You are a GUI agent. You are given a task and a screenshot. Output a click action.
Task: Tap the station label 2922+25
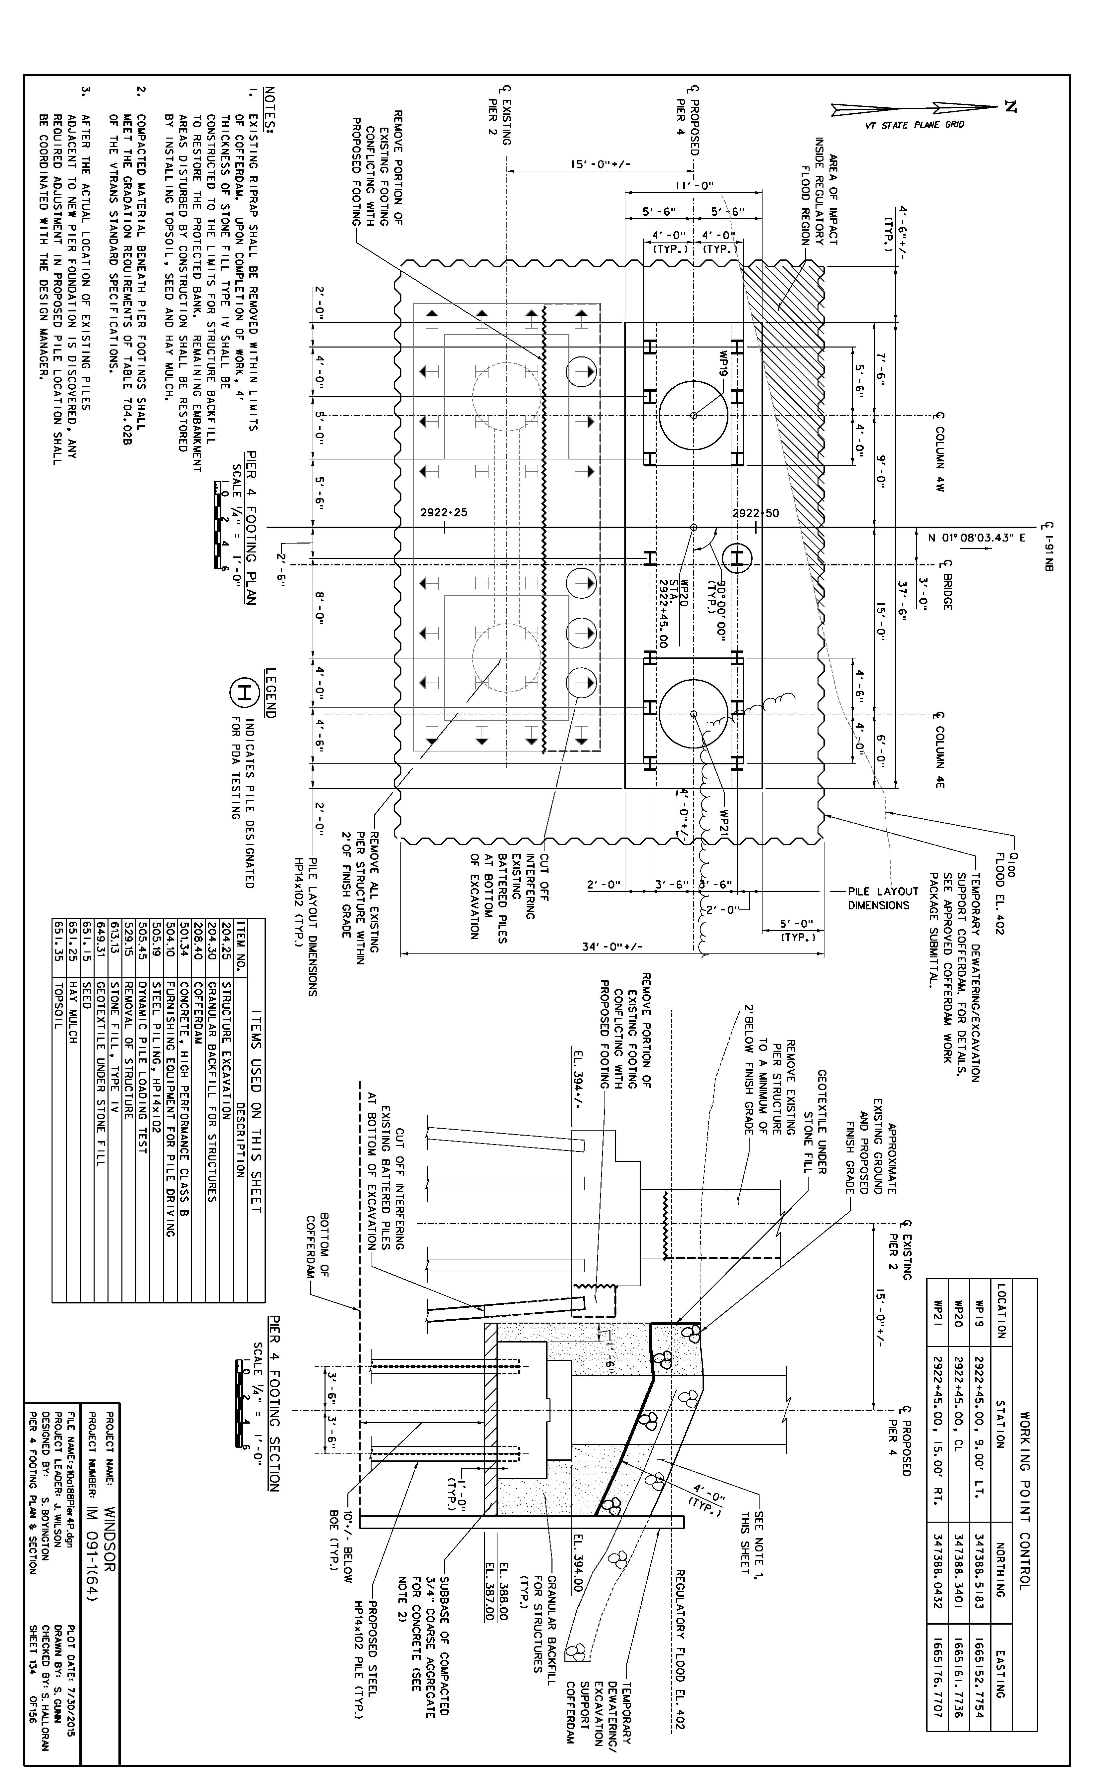pyautogui.click(x=443, y=512)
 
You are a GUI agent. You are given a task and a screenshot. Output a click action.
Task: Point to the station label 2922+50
pyautogui.click(x=756, y=512)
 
